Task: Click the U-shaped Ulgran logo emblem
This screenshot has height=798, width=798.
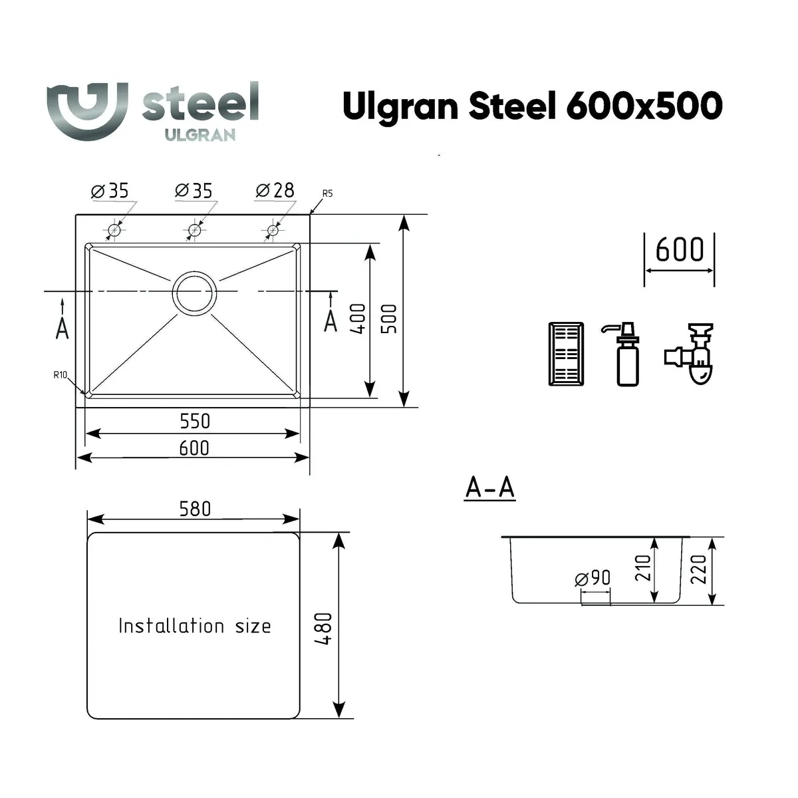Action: pos(86,110)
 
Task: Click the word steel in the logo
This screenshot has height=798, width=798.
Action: pos(200,103)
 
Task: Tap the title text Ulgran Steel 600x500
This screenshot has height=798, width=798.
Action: pos(532,105)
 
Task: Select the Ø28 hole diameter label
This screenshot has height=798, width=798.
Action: pos(275,191)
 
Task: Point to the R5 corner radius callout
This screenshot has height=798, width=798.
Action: pos(327,194)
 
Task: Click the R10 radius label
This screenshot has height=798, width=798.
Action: pos(61,375)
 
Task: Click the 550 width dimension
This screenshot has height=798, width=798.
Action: pos(194,421)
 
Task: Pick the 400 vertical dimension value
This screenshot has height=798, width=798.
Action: pos(358,319)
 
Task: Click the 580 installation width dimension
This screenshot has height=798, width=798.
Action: pos(194,509)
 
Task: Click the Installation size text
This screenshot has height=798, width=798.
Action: pos(194,626)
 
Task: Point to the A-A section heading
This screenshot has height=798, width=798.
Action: pos(490,487)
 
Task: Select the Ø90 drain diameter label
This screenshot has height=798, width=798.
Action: pos(593,578)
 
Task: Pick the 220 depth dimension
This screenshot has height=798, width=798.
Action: pos(698,571)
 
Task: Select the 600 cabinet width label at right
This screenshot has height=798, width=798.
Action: pos(679,250)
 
